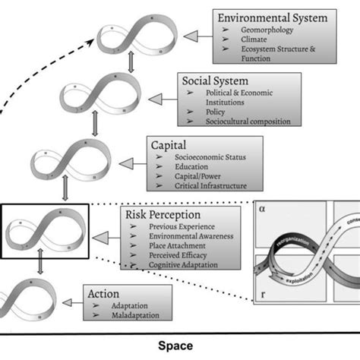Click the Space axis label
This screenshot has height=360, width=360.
[175, 346]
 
